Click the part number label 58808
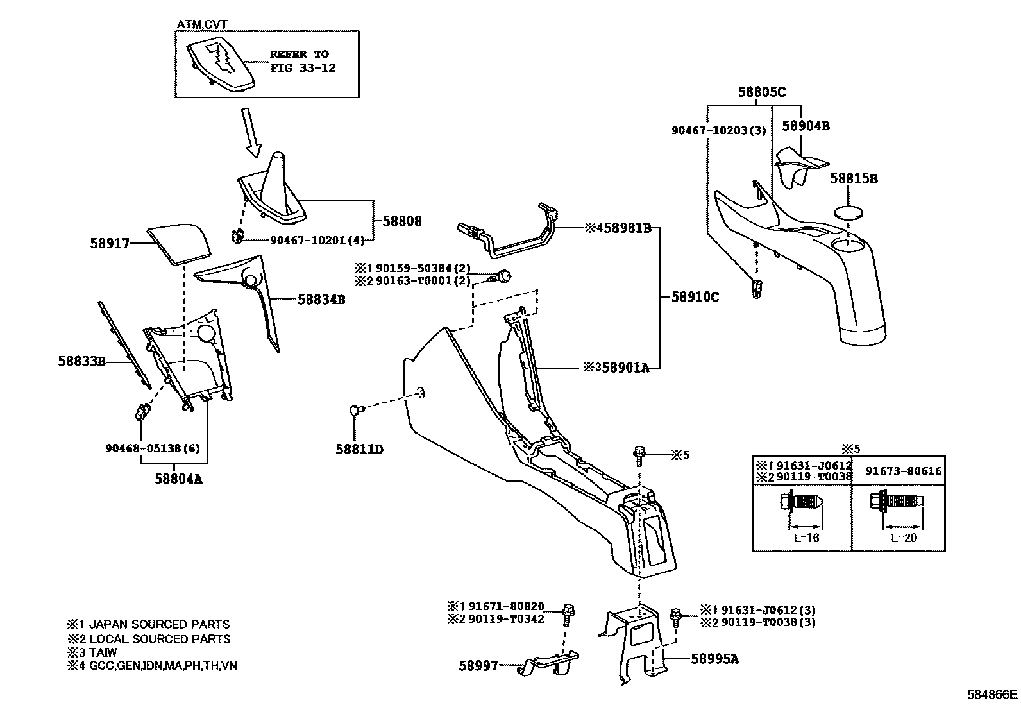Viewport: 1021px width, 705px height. pyautogui.click(x=402, y=221)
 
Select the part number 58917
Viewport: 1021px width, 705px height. pyautogui.click(x=110, y=244)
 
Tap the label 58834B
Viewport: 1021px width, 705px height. pyautogui.click(x=321, y=300)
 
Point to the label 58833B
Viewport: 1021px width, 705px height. pyautogui.click(x=81, y=361)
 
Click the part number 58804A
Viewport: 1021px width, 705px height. pyautogui.click(x=178, y=478)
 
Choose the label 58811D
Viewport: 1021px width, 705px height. pyautogui.click(x=359, y=450)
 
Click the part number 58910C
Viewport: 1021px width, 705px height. pyautogui.click(x=695, y=297)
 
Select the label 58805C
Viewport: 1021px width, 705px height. pyautogui.click(x=761, y=92)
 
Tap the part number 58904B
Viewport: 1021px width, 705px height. pyautogui.click(x=806, y=126)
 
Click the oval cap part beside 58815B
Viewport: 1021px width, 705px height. pyautogui.click(x=848, y=212)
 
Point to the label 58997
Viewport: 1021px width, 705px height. pyautogui.click(x=478, y=666)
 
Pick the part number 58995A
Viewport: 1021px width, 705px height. pyautogui.click(x=714, y=659)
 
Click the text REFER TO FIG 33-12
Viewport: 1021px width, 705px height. pyautogui.click(x=302, y=61)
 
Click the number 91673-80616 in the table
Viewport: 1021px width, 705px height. pyautogui.click(x=904, y=471)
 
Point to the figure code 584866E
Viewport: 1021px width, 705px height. pyautogui.click(x=992, y=694)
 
